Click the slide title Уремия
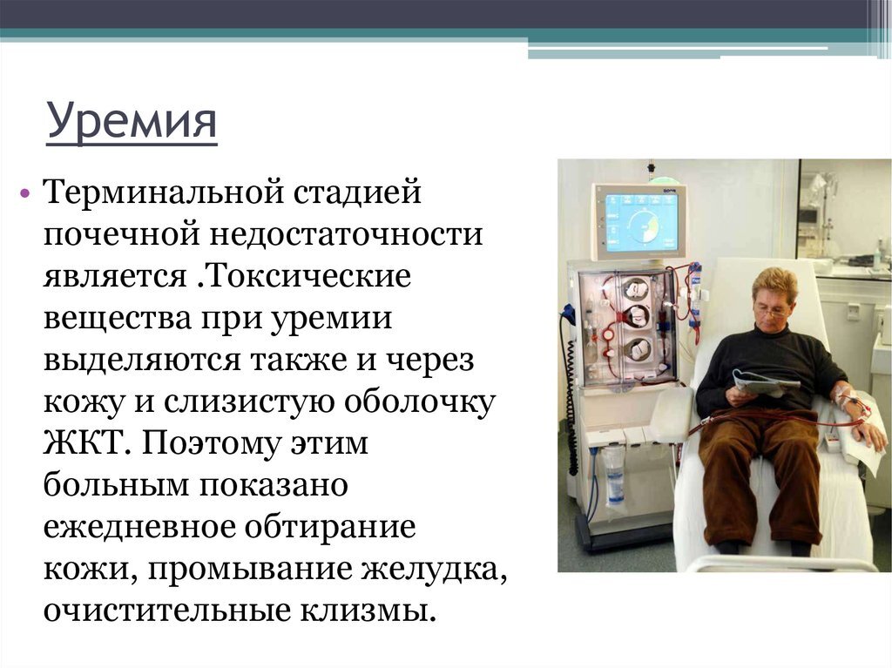(132, 121)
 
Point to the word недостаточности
(347, 234)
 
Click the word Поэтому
(212, 444)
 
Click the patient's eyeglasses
(772, 311)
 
